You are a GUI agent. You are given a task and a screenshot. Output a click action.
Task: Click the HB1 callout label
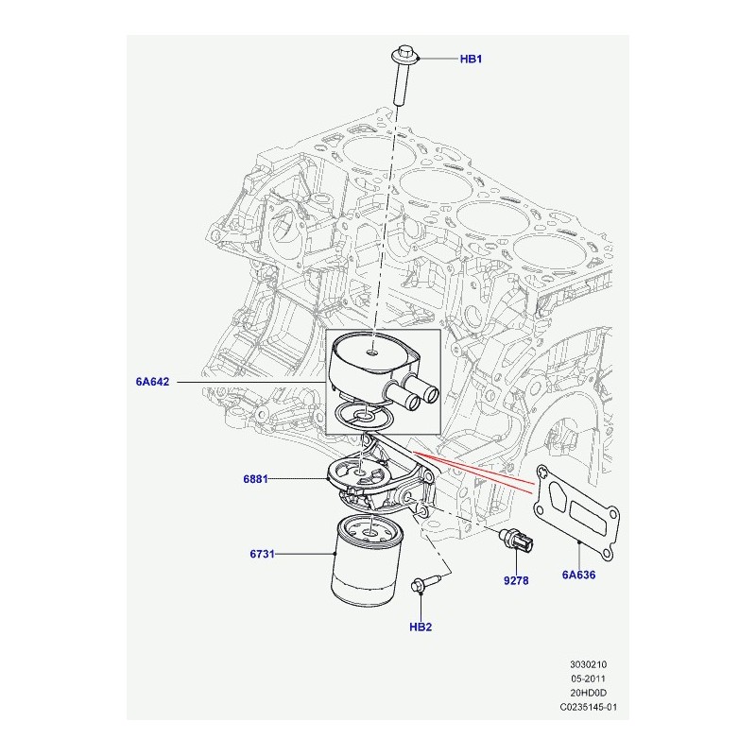pyautogui.click(x=471, y=59)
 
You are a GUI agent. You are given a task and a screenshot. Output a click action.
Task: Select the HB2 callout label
pyautogui.click(x=421, y=627)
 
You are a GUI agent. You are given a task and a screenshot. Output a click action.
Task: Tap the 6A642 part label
pyautogui.click(x=152, y=382)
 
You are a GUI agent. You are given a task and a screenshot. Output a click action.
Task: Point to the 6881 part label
pyautogui.click(x=255, y=479)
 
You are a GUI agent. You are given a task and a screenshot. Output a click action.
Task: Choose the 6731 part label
pyautogui.click(x=262, y=554)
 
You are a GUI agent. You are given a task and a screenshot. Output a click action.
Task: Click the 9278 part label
pyautogui.click(x=516, y=580)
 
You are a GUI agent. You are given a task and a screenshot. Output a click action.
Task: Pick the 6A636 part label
pyautogui.click(x=578, y=575)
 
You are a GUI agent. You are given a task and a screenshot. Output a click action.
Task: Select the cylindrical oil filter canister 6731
pyautogui.click(x=368, y=559)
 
